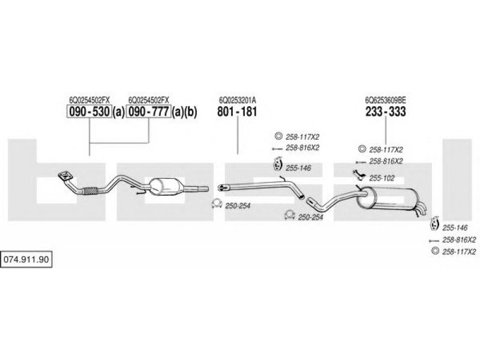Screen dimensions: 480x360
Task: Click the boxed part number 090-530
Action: coord(89,112)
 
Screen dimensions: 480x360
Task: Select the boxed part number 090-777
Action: coord(148,112)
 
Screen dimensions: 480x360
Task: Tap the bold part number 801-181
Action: coord(237,112)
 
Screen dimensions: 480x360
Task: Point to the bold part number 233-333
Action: coord(386,112)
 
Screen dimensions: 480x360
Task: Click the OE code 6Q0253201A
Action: coord(238,100)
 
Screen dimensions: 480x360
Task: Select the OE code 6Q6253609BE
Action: coord(386,100)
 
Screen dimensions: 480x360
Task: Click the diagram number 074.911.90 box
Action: coord(26,260)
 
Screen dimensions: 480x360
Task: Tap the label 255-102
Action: coord(382,178)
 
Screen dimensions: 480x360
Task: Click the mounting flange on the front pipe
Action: coord(65,176)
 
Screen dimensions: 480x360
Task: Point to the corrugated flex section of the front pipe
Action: coord(91,191)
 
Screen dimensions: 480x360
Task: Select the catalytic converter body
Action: coord(166,187)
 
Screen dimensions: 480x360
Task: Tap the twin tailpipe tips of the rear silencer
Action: coord(422,208)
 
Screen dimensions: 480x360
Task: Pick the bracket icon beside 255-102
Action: coord(358,175)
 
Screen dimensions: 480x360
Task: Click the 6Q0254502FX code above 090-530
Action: coord(89,100)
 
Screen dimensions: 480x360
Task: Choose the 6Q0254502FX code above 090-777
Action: coord(148,100)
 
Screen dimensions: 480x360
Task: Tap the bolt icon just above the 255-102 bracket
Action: coord(361,162)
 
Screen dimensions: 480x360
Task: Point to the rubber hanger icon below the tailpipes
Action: coord(434,224)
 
